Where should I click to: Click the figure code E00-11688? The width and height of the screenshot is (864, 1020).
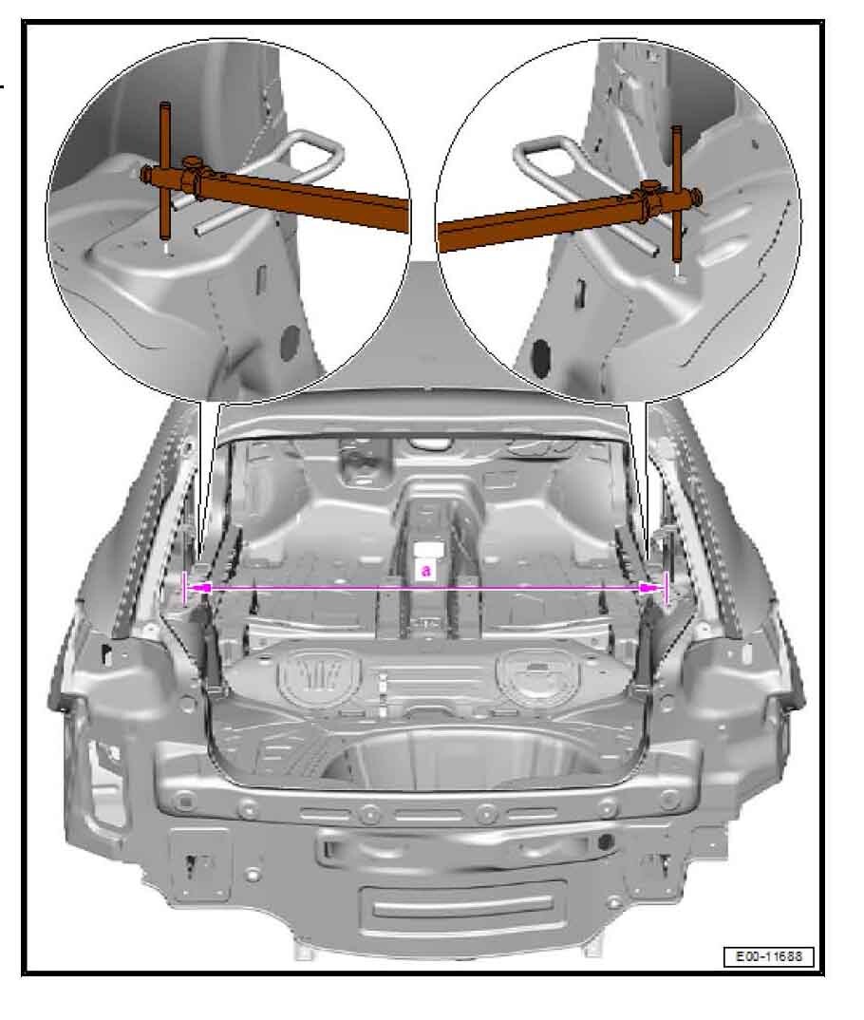pos(768,956)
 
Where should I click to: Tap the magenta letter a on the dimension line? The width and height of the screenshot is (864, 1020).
pos(425,571)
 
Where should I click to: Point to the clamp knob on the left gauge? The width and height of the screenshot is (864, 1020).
pos(191,162)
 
